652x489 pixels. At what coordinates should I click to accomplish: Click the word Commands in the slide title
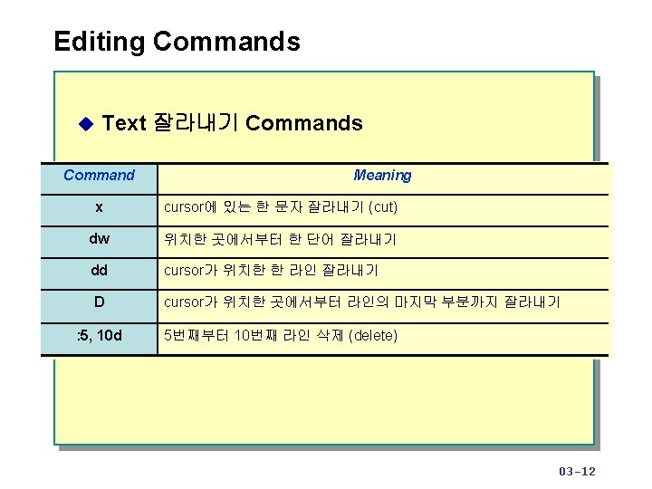(x=226, y=42)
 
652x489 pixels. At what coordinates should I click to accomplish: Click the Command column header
(x=99, y=176)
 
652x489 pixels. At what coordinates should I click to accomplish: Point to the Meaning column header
(x=382, y=176)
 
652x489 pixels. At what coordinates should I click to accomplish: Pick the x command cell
(x=99, y=207)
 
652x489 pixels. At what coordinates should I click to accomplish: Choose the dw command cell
(x=99, y=239)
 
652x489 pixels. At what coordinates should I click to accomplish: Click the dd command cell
(x=99, y=271)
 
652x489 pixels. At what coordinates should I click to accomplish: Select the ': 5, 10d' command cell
(x=99, y=336)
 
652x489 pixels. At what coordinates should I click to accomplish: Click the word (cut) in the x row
(x=383, y=207)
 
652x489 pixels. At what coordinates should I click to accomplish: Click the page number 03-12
(x=578, y=471)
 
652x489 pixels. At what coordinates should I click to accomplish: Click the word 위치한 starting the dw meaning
(x=185, y=239)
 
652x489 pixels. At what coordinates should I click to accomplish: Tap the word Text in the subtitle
(x=124, y=123)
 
